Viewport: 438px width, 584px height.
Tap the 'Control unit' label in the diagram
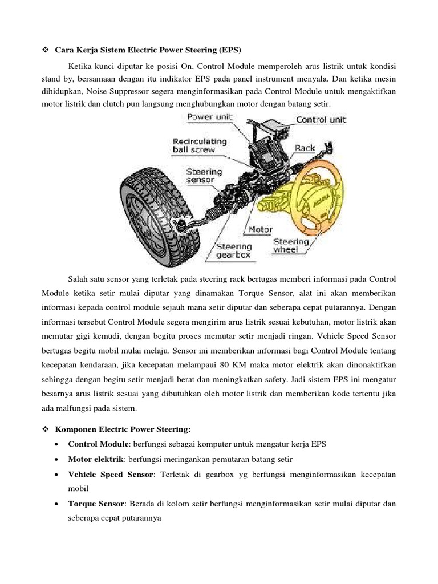(321, 120)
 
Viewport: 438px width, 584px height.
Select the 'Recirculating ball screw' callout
(199, 145)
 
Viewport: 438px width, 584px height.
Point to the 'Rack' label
(305, 148)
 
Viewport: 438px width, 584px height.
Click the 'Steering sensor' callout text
(200, 175)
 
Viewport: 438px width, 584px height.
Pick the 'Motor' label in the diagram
(259, 229)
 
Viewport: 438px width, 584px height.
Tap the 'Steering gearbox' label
(234, 252)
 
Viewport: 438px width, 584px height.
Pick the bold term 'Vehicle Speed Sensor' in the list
(111, 474)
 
